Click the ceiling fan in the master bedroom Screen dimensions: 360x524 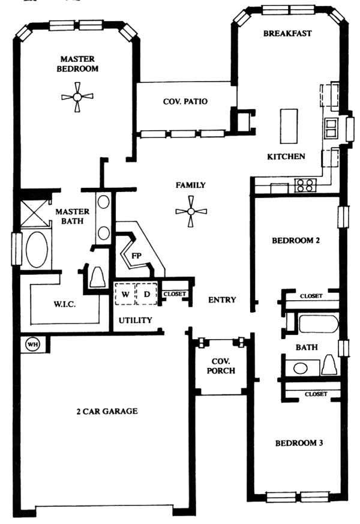[x=77, y=97]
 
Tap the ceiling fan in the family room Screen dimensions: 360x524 [x=191, y=211]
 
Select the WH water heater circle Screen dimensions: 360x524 [x=32, y=344]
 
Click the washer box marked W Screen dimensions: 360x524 [x=125, y=294]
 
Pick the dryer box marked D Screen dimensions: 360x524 [x=146, y=294]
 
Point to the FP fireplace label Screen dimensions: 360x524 [x=136, y=256]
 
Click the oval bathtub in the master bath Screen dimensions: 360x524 [x=37, y=249]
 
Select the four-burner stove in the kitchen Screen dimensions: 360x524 [x=305, y=185]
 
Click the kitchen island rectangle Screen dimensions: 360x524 [x=289, y=126]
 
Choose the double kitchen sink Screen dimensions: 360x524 [x=331, y=128]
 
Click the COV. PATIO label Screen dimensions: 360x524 [x=185, y=101]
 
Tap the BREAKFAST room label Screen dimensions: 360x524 [x=287, y=34]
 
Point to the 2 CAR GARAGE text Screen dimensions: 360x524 [x=107, y=411]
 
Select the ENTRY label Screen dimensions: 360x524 [x=222, y=300]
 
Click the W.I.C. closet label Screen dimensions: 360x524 [x=64, y=304]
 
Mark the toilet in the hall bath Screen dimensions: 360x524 [x=329, y=365]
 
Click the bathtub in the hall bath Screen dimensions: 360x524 [x=319, y=324]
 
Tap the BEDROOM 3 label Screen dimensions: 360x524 [x=299, y=443]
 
